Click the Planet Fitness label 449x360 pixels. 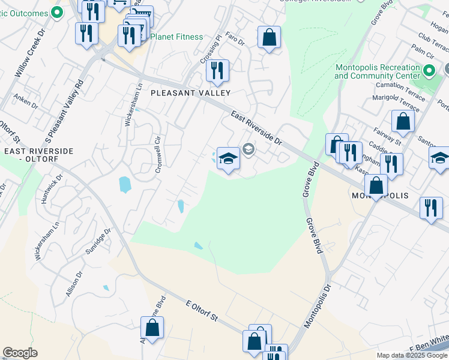click(176, 37)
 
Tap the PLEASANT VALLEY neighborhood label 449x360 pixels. click(190, 93)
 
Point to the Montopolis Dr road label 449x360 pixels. click(318, 306)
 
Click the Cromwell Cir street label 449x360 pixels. click(159, 154)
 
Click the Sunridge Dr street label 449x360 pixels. click(98, 241)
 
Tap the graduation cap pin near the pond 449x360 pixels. click(228, 159)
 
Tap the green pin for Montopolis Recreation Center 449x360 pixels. click(429, 71)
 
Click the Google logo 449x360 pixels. click(20, 353)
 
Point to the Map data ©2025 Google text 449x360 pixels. click(411, 355)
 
